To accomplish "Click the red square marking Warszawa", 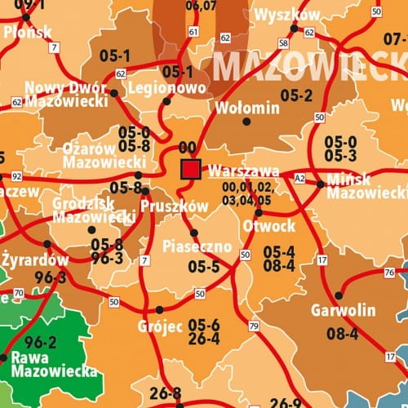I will [191, 169].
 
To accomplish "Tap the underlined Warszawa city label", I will [244, 172].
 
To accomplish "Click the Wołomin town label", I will [246, 108].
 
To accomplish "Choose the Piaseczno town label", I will [197, 246].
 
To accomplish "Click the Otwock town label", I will [268, 225].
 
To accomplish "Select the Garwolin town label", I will [344, 310].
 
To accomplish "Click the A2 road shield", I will [299, 177].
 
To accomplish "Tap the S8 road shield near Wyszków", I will [283, 42].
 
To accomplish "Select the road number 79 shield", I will [254, 326].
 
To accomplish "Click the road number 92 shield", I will [16, 175].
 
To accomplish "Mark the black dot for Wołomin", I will [246, 122].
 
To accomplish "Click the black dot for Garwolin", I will [339, 295].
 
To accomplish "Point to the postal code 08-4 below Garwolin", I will [343, 333].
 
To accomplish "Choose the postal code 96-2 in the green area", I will [41, 342].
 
